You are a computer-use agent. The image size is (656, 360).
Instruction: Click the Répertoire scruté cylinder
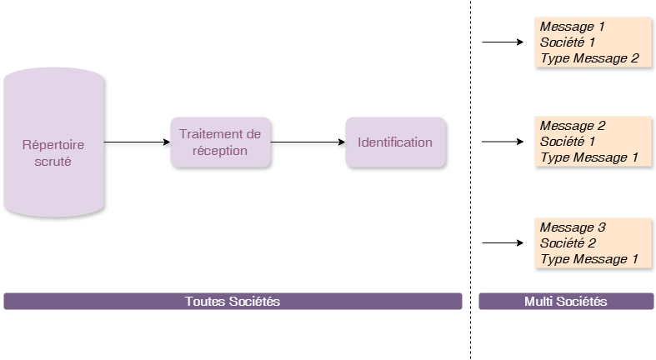coord(54,142)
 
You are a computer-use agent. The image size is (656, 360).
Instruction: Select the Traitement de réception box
coord(221,142)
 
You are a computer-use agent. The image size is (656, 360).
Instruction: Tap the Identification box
coord(395,142)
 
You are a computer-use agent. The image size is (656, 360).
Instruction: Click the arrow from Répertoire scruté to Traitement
coord(138,142)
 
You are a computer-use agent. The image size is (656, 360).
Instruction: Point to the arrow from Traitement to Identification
coord(308,142)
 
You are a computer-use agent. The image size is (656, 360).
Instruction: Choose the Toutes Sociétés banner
coord(233,301)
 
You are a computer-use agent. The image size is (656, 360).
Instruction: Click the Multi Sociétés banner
coord(566,301)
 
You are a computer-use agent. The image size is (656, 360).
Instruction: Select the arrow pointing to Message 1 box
coord(503,42)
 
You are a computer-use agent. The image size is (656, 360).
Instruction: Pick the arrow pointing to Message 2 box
coord(503,142)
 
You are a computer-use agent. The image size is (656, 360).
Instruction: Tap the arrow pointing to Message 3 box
coord(503,243)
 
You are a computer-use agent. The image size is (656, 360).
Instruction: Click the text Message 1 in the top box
coord(573,27)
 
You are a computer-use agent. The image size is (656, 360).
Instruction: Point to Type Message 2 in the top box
coord(589,58)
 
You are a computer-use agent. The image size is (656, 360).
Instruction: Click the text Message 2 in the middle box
coord(573,126)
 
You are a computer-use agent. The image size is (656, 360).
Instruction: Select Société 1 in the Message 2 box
coord(568,142)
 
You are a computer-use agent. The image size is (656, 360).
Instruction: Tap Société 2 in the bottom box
coord(568,243)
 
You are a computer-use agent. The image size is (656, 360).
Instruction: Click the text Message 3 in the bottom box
coord(573,227)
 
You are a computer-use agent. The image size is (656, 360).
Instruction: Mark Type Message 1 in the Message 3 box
coord(589,259)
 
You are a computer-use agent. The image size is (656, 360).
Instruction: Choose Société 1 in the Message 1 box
coord(568,42)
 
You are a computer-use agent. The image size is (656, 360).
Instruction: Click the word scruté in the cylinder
coord(53,162)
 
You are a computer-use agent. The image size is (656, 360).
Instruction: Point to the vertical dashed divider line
coord(471,180)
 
